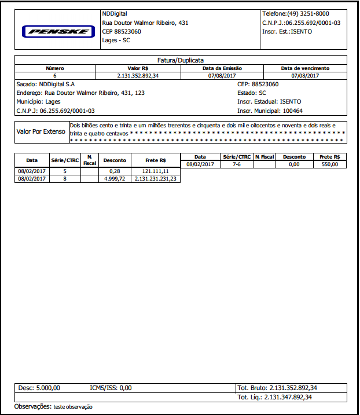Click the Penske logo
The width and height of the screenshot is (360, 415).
point(58,31)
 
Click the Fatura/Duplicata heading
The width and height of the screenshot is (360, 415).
point(180,60)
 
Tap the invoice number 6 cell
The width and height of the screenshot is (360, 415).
point(55,76)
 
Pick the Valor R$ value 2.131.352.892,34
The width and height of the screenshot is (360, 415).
point(138,76)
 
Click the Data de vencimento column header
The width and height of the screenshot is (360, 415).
point(305,68)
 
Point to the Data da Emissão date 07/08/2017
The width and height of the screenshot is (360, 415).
point(222,76)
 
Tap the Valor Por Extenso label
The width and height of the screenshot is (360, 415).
point(40,131)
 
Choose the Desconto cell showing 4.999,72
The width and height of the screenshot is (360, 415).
point(113,179)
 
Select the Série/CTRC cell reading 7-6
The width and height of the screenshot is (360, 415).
point(236,165)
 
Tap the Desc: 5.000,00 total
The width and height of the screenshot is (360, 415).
point(39,388)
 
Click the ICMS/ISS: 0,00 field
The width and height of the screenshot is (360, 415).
point(111,388)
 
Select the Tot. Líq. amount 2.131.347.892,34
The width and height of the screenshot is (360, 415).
point(288,397)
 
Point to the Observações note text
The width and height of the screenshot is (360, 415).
point(73,407)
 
